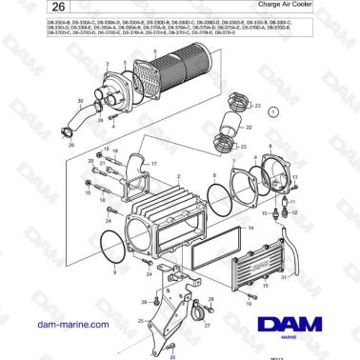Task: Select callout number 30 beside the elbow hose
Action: point(79,100)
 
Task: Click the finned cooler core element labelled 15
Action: point(259,251)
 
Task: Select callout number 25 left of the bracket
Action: point(140,321)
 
